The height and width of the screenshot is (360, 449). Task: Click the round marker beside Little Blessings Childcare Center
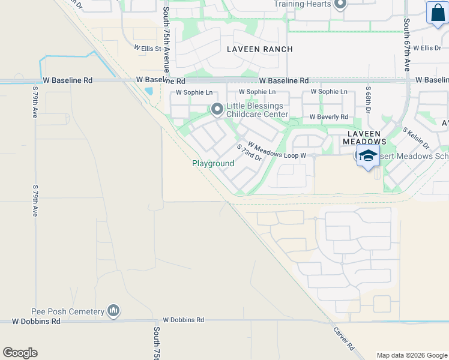tap(217, 109)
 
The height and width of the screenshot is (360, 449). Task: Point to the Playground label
tap(213, 163)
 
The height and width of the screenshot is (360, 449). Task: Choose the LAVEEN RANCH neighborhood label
tap(259, 49)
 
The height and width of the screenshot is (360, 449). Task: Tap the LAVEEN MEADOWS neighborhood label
tap(361, 137)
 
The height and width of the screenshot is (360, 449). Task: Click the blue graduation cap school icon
tap(368, 156)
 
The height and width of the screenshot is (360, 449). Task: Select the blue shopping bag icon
tap(437, 13)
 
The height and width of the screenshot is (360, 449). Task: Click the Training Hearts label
tap(302, 4)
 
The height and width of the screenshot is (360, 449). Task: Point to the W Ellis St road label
tap(148, 47)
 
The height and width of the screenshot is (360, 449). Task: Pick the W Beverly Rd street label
tap(328, 117)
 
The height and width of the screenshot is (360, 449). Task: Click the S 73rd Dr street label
tap(249, 152)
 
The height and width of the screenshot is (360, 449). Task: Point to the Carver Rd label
tap(343, 338)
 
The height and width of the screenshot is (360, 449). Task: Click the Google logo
tap(20, 353)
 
